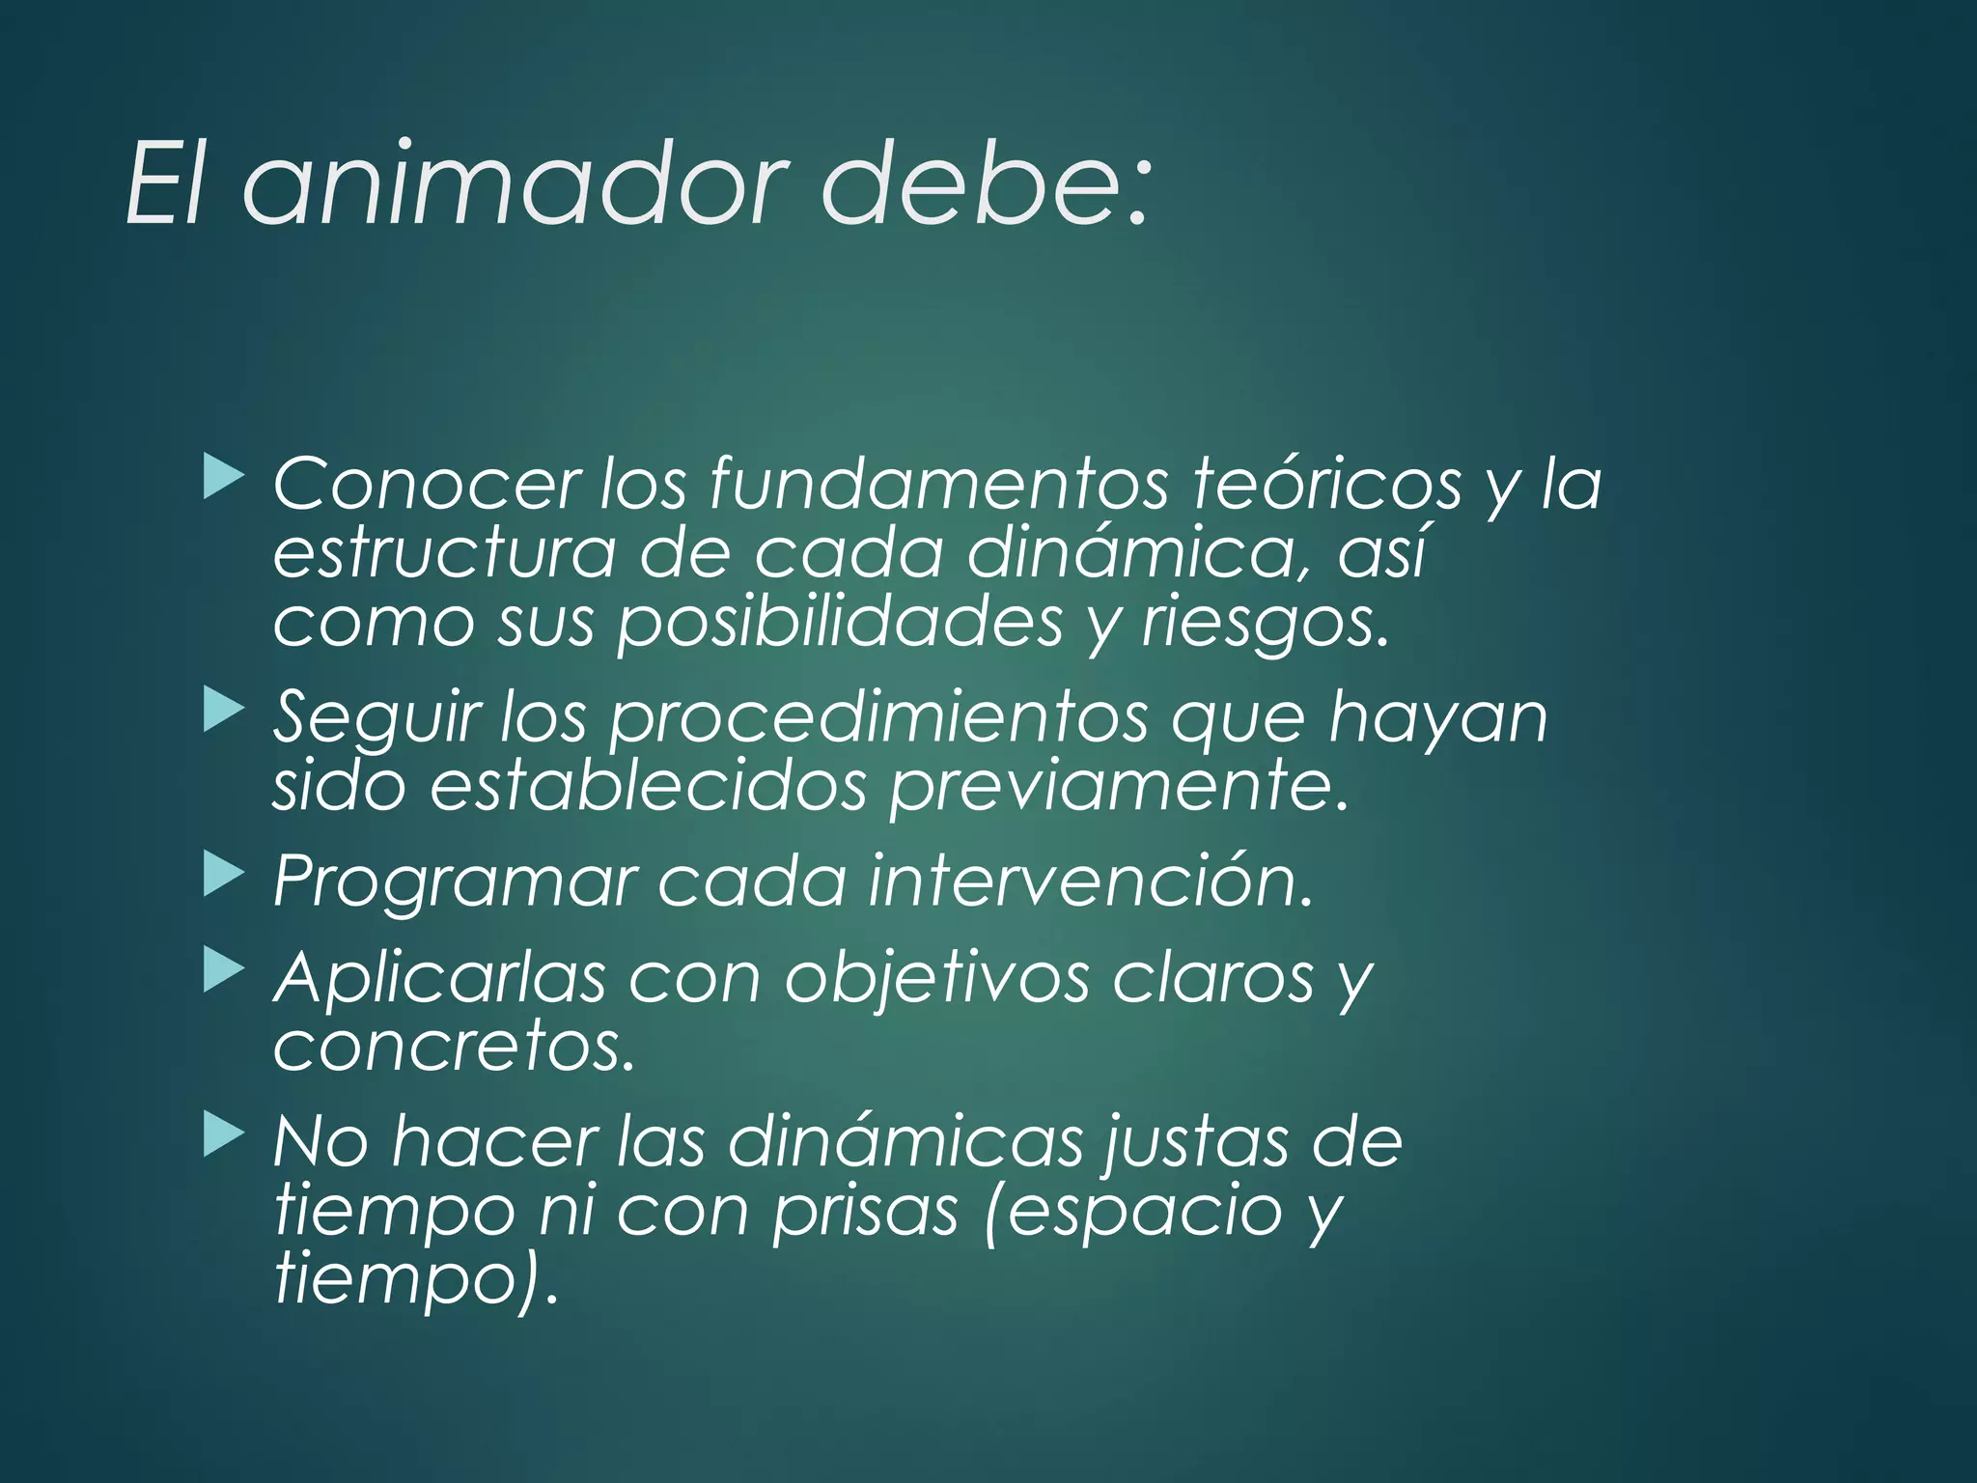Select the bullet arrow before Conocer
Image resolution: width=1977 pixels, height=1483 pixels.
(x=224, y=479)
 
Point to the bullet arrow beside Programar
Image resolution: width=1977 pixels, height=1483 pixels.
(x=224, y=875)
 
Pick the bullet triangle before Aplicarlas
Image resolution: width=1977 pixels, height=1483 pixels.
(x=224, y=971)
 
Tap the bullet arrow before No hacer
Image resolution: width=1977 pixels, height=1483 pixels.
(x=224, y=1135)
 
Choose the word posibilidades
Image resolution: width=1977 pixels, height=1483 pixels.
(x=840, y=624)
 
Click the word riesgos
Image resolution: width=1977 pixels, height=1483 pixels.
(x=1265, y=624)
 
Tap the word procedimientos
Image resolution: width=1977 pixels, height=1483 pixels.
(x=878, y=718)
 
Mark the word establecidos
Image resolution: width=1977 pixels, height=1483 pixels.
(x=648, y=786)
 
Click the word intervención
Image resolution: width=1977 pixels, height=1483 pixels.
(x=1091, y=881)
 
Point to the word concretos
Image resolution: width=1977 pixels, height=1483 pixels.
(x=454, y=1047)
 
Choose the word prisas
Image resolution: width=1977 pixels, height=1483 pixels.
(x=865, y=1211)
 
